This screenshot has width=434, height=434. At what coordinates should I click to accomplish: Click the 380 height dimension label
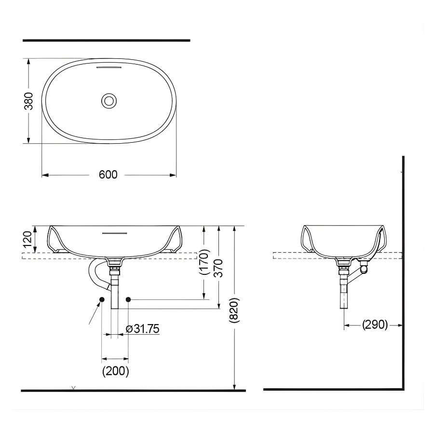[29, 101]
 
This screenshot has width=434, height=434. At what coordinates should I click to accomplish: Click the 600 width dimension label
[108, 175]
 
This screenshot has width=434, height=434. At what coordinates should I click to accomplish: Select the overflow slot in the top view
[109, 68]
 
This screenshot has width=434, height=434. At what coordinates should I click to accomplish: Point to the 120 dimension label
[28, 239]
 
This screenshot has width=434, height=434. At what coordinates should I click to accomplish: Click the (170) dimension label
[204, 262]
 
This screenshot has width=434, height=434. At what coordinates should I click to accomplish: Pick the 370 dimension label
[219, 267]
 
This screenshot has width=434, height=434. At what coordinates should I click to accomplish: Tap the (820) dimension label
[234, 309]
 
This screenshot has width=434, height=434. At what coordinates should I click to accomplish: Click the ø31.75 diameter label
[142, 329]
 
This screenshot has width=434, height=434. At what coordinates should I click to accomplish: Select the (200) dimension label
[115, 371]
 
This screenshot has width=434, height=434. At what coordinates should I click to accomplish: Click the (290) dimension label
[375, 325]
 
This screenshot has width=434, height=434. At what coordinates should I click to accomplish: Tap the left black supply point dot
[102, 300]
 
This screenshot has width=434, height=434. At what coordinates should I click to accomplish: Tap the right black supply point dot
[128, 300]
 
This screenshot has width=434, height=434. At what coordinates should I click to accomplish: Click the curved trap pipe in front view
[96, 275]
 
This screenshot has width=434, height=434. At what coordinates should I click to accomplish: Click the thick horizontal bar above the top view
[106, 41]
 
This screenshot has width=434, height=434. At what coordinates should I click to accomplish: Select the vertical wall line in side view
[403, 270]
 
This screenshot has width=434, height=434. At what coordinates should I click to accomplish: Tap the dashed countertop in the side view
[289, 256]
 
